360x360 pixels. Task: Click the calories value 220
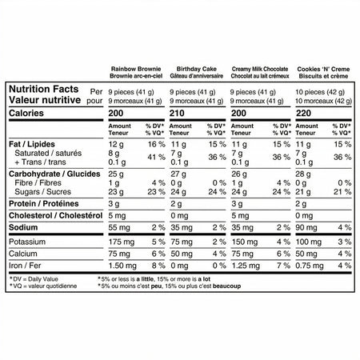(x=303, y=114)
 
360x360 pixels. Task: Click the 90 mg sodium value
(x=308, y=228)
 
